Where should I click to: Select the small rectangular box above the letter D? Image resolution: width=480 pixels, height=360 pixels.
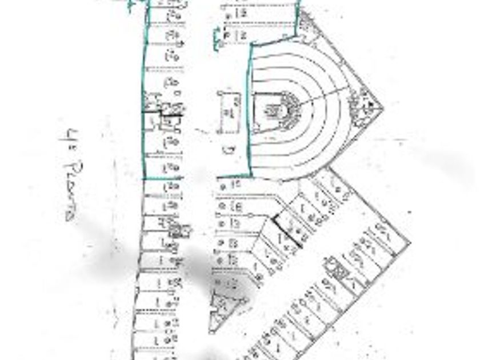click(230, 112)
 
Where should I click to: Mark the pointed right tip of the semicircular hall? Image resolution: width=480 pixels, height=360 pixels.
click(382, 106)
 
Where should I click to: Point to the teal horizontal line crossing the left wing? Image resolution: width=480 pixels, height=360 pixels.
click(162, 179)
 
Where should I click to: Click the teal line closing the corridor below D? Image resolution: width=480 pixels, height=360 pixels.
click(234, 176)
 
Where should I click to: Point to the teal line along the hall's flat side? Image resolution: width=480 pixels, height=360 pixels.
click(250, 109)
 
